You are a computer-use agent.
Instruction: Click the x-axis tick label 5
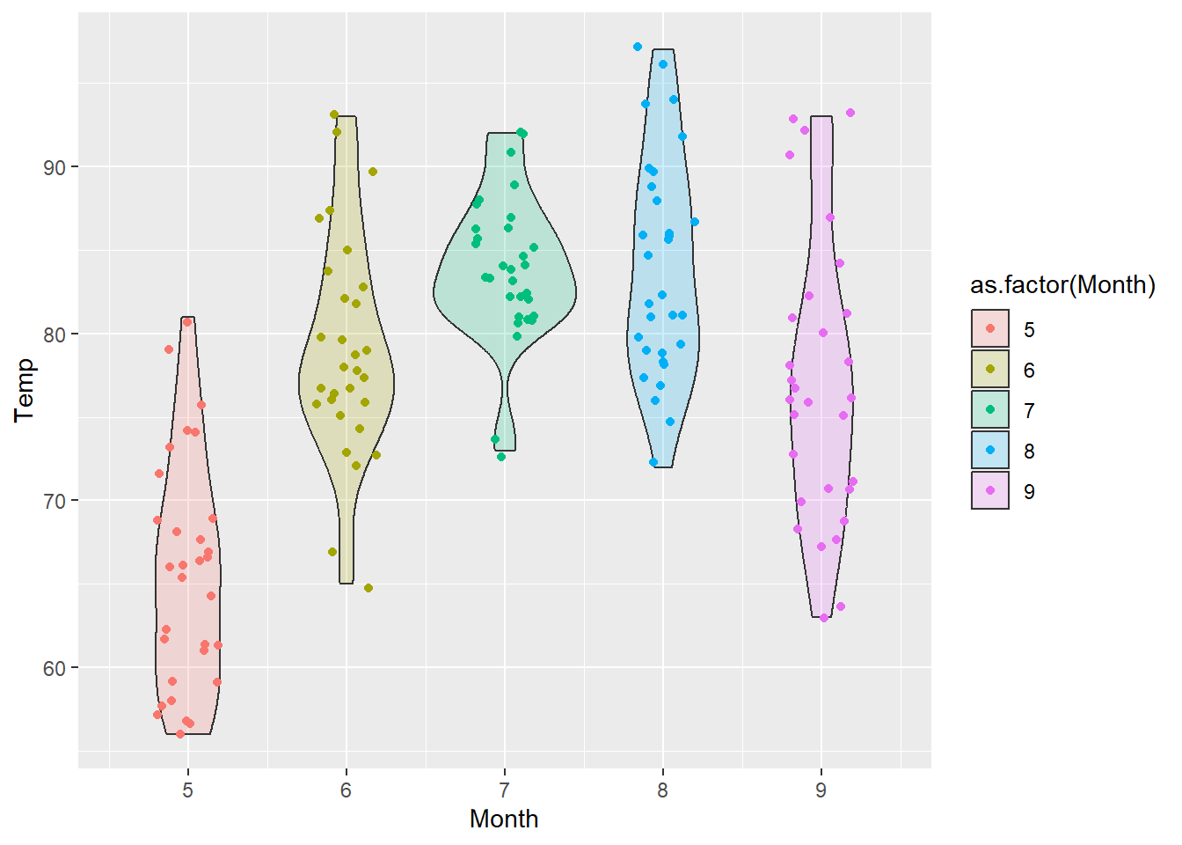tap(187, 790)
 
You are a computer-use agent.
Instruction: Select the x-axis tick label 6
tap(346, 790)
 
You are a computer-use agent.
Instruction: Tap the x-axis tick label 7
tap(504, 790)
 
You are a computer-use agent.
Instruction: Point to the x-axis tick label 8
tap(662, 790)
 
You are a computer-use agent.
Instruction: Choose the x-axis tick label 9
tap(821, 790)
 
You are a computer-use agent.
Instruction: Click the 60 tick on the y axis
tap(55, 668)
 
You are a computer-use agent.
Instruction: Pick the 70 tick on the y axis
tap(55, 501)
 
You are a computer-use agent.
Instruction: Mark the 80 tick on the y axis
tap(55, 334)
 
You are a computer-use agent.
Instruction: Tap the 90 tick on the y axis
tap(55, 167)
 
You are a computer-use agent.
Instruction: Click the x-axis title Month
tap(504, 819)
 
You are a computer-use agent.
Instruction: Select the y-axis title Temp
tap(25, 390)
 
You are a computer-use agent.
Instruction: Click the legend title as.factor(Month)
tap(1062, 285)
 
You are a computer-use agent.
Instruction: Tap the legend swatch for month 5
tap(990, 329)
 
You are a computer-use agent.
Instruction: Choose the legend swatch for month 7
tap(990, 410)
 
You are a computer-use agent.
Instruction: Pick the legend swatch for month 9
tap(990, 491)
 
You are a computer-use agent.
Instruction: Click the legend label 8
tap(1029, 452)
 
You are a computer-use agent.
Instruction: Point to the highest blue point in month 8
tap(638, 47)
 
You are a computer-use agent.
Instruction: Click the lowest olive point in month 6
tap(368, 588)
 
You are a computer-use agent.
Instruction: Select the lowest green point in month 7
tap(501, 457)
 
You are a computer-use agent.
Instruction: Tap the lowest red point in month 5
tap(180, 734)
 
